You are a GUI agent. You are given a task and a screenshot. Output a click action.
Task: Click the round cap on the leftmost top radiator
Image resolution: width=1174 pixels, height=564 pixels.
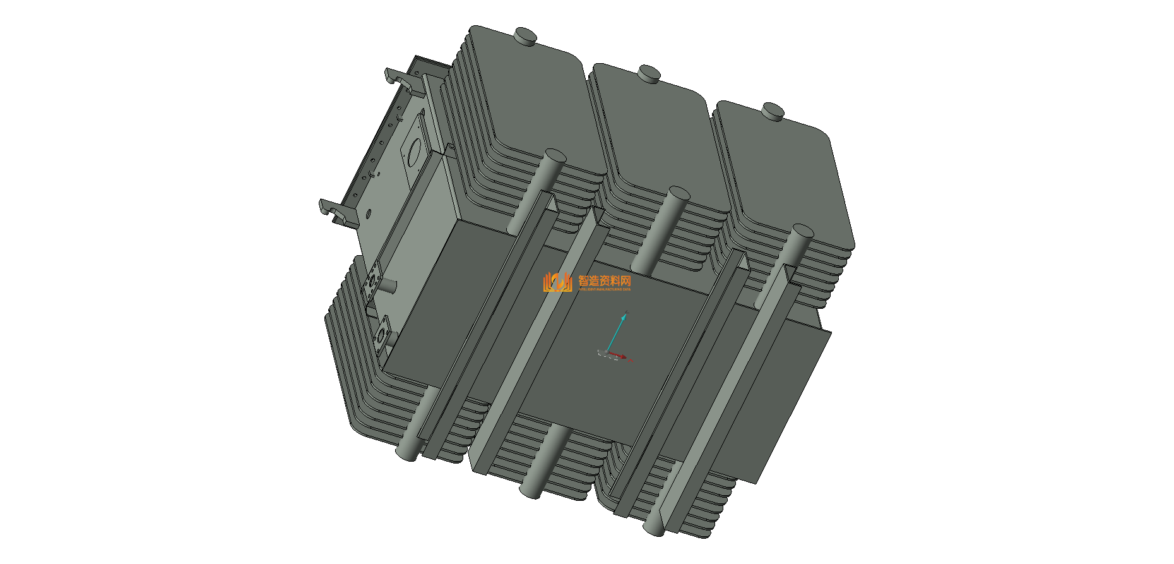[x=525, y=35]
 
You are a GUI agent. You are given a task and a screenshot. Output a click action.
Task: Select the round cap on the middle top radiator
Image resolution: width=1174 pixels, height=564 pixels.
[x=648, y=73]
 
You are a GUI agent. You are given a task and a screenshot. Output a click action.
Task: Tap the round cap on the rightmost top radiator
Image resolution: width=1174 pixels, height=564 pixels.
[x=773, y=111]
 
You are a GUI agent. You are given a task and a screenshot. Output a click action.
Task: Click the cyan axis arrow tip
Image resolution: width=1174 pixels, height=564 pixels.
[x=626, y=314]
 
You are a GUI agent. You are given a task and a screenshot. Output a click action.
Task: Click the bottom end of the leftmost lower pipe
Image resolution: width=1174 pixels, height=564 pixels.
[x=405, y=452]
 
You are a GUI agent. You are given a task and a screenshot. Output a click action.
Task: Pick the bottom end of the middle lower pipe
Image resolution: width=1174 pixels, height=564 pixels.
[x=529, y=490]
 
